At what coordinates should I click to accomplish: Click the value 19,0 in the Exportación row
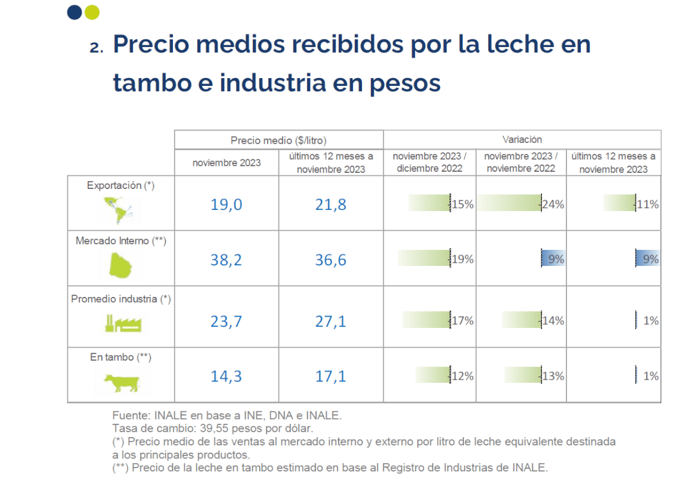226,205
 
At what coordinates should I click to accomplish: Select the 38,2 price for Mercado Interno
226,260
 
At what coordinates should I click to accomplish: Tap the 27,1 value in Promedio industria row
331,321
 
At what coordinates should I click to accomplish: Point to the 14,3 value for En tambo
226,377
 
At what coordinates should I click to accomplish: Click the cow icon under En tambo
121,383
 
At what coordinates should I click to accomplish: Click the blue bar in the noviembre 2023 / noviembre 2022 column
552,259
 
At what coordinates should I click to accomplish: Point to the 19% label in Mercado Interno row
463,259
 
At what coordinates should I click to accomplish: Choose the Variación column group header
522,140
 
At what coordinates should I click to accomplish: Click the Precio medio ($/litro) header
278,141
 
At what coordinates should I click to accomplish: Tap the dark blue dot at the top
75,13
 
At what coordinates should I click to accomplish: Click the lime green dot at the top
92,13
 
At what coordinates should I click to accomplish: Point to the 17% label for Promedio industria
463,321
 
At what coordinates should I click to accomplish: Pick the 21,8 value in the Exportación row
331,205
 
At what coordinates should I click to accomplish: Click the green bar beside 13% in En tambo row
522,376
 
